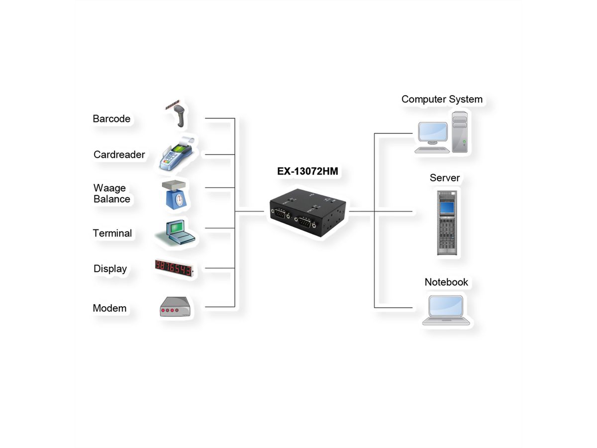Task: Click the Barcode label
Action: (x=111, y=119)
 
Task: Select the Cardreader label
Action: (x=119, y=155)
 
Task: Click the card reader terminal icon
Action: (x=175, y=155)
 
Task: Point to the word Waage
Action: (x=109, y=188)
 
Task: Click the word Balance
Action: (x=112, y=199)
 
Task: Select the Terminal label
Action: (x=112, y=233)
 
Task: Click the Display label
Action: (x=110, y=269)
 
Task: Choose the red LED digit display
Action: (x=173, y=268)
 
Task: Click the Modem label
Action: (x=109, y=308)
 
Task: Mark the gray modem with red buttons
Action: (x=175, y=307)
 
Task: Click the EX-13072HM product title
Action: (x=307, y=171)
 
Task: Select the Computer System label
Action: (x=442, y=99)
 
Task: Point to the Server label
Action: (x=445, y=178)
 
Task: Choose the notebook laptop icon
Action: (x=446, y=310)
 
